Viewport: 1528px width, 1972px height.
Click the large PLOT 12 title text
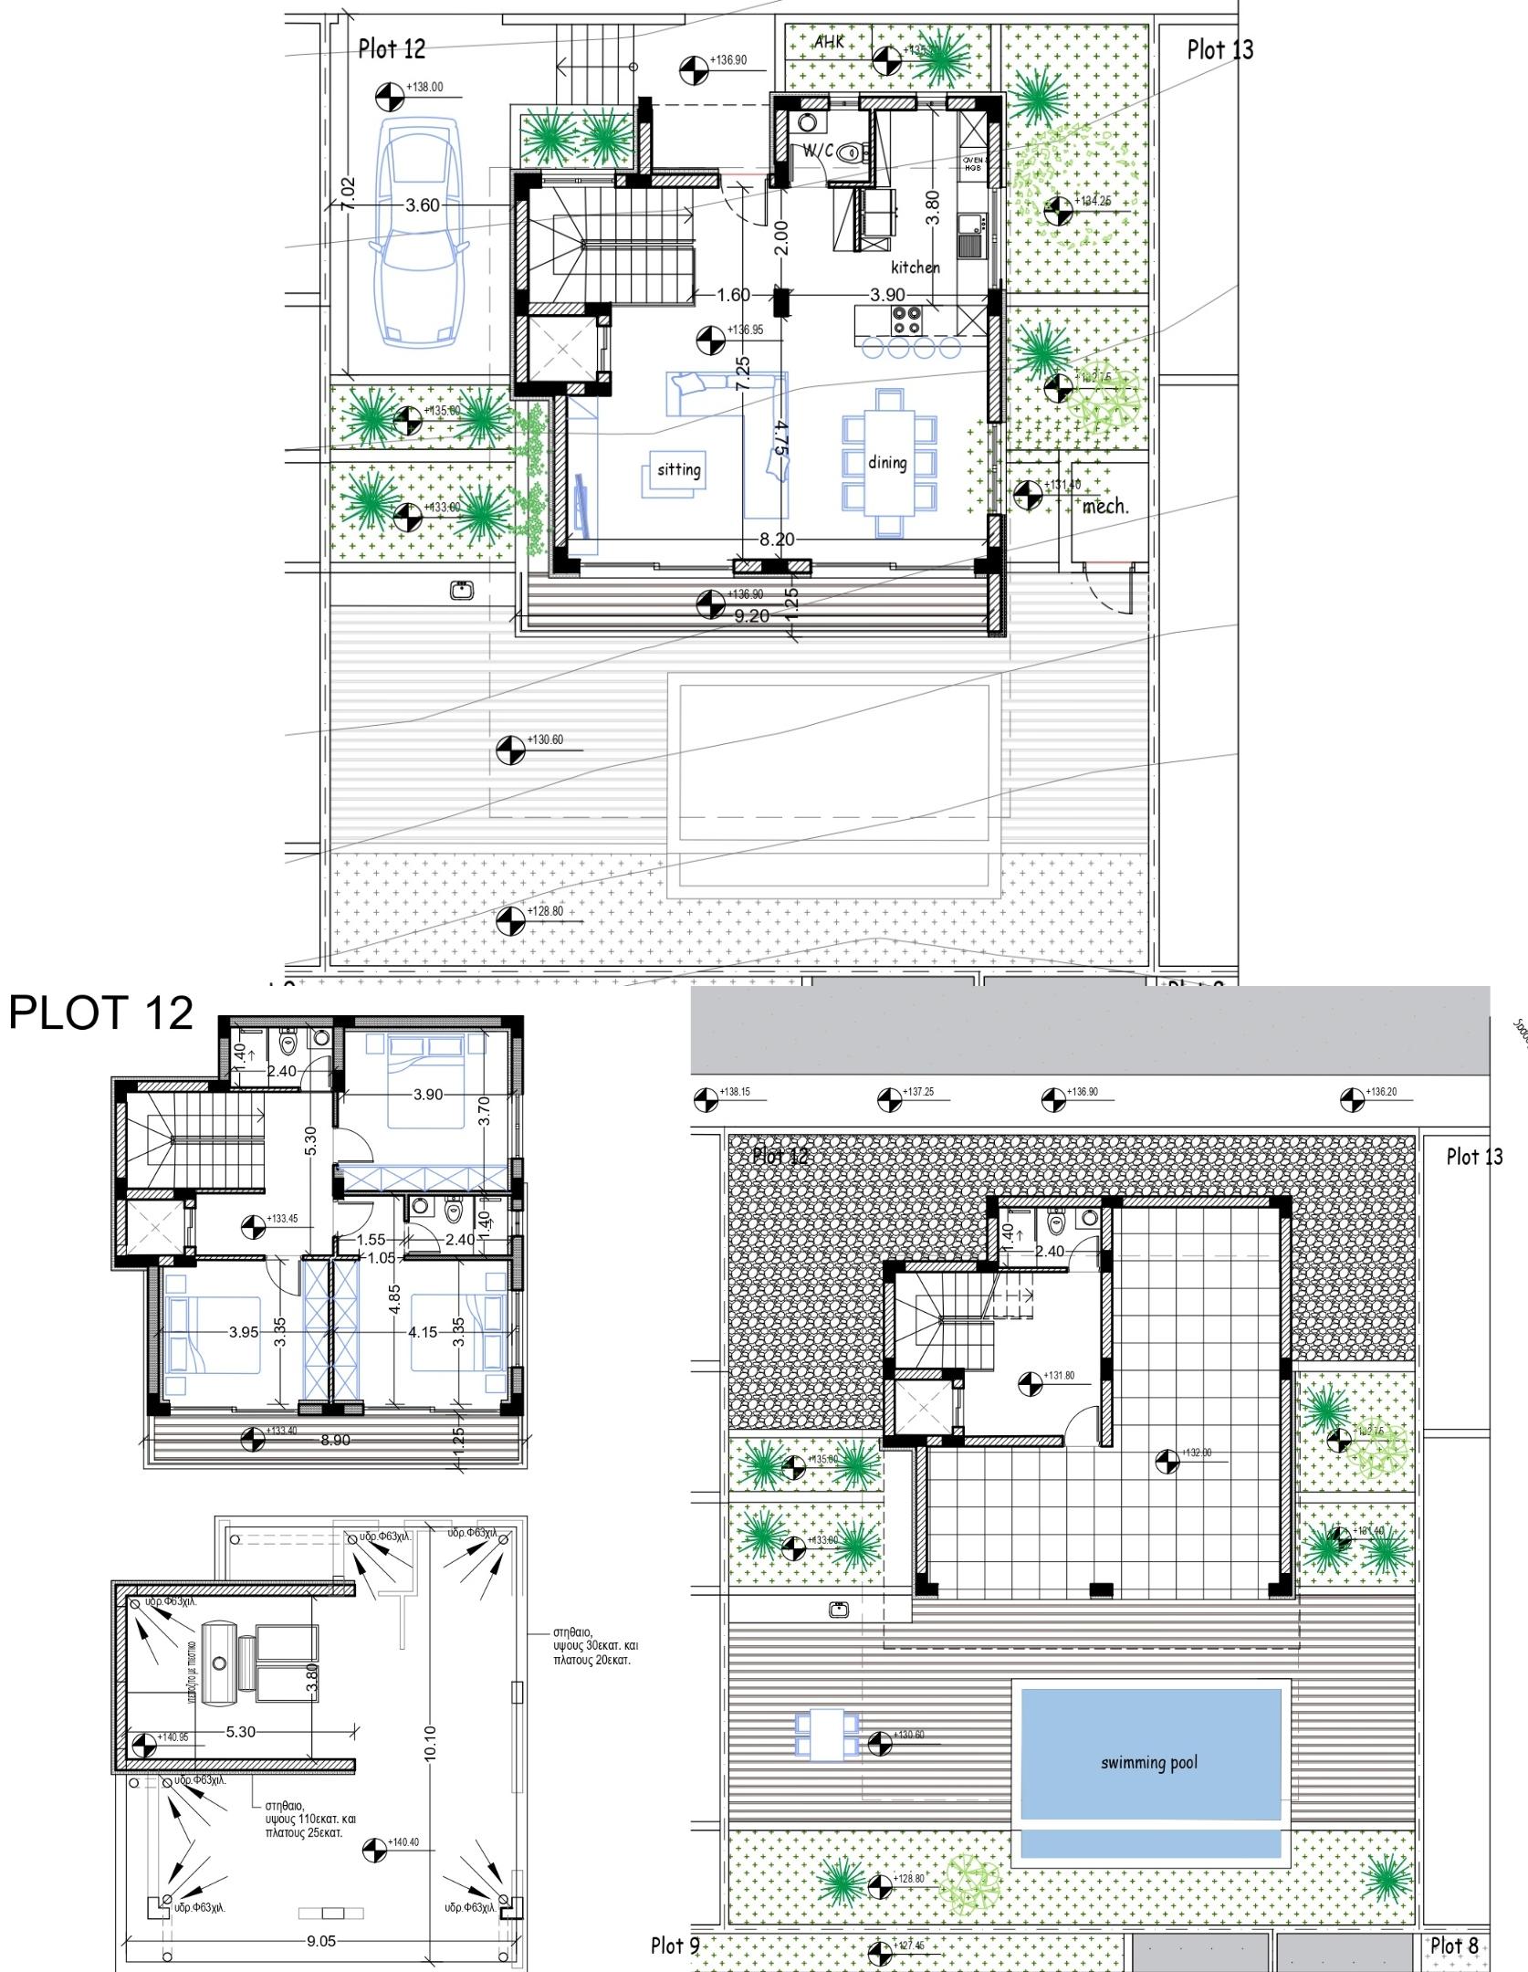[x=101, y=1013]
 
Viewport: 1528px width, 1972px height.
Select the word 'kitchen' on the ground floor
[x=915, y=267]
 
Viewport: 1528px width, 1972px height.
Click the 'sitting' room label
[x=678, y=470]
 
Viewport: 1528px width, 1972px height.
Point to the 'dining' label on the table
[x=887, y=463]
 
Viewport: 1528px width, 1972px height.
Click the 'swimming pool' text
[x=1148, y=1762]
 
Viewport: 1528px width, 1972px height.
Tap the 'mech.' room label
[x=1105, y=507]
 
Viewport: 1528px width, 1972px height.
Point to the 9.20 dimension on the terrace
[x=751, y=617]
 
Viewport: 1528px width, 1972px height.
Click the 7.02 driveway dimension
[x=348, y=194]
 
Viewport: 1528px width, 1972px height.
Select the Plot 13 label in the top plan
[x=1219, y=50]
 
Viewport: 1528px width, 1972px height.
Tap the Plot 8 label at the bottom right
[x=1453, y=1946]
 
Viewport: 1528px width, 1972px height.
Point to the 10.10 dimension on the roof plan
[x=430, y=1743]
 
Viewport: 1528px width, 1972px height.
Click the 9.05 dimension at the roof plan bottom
[x=320, y=1941]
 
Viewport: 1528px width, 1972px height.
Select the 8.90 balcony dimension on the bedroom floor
[x=334, y=1440]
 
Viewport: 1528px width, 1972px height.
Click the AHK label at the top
[x=829, y=43]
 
